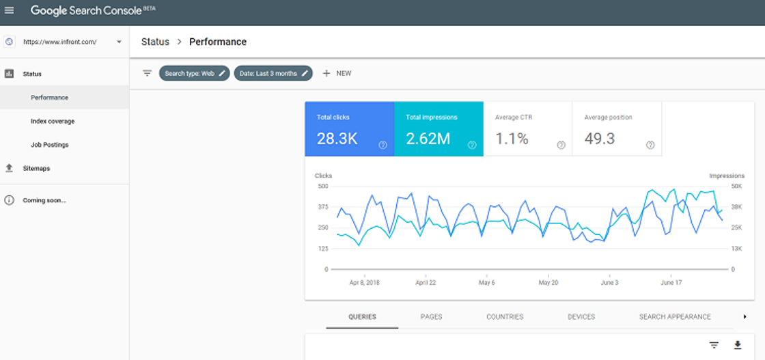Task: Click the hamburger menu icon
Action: (9, 10)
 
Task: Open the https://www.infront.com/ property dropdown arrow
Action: (119, 42)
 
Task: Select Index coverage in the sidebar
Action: (53, 121)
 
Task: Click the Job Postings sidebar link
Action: (49, 145)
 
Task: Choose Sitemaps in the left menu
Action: (37, 168)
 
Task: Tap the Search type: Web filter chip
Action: (194, 73)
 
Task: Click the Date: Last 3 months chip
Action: (273, 73)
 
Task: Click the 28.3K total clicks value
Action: (337, 139)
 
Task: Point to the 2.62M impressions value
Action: (428, 139)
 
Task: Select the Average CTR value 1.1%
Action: (512, 139)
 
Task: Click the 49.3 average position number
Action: (600, 139)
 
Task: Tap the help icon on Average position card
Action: (650, 145)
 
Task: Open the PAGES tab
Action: (431, 317)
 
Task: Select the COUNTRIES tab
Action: (505, 317)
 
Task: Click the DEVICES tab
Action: (581, 317)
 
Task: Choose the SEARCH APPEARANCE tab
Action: (676, 317)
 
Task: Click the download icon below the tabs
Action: (738, 346)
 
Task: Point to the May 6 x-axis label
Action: (487, 283)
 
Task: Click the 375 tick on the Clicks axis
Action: (322, 207)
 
